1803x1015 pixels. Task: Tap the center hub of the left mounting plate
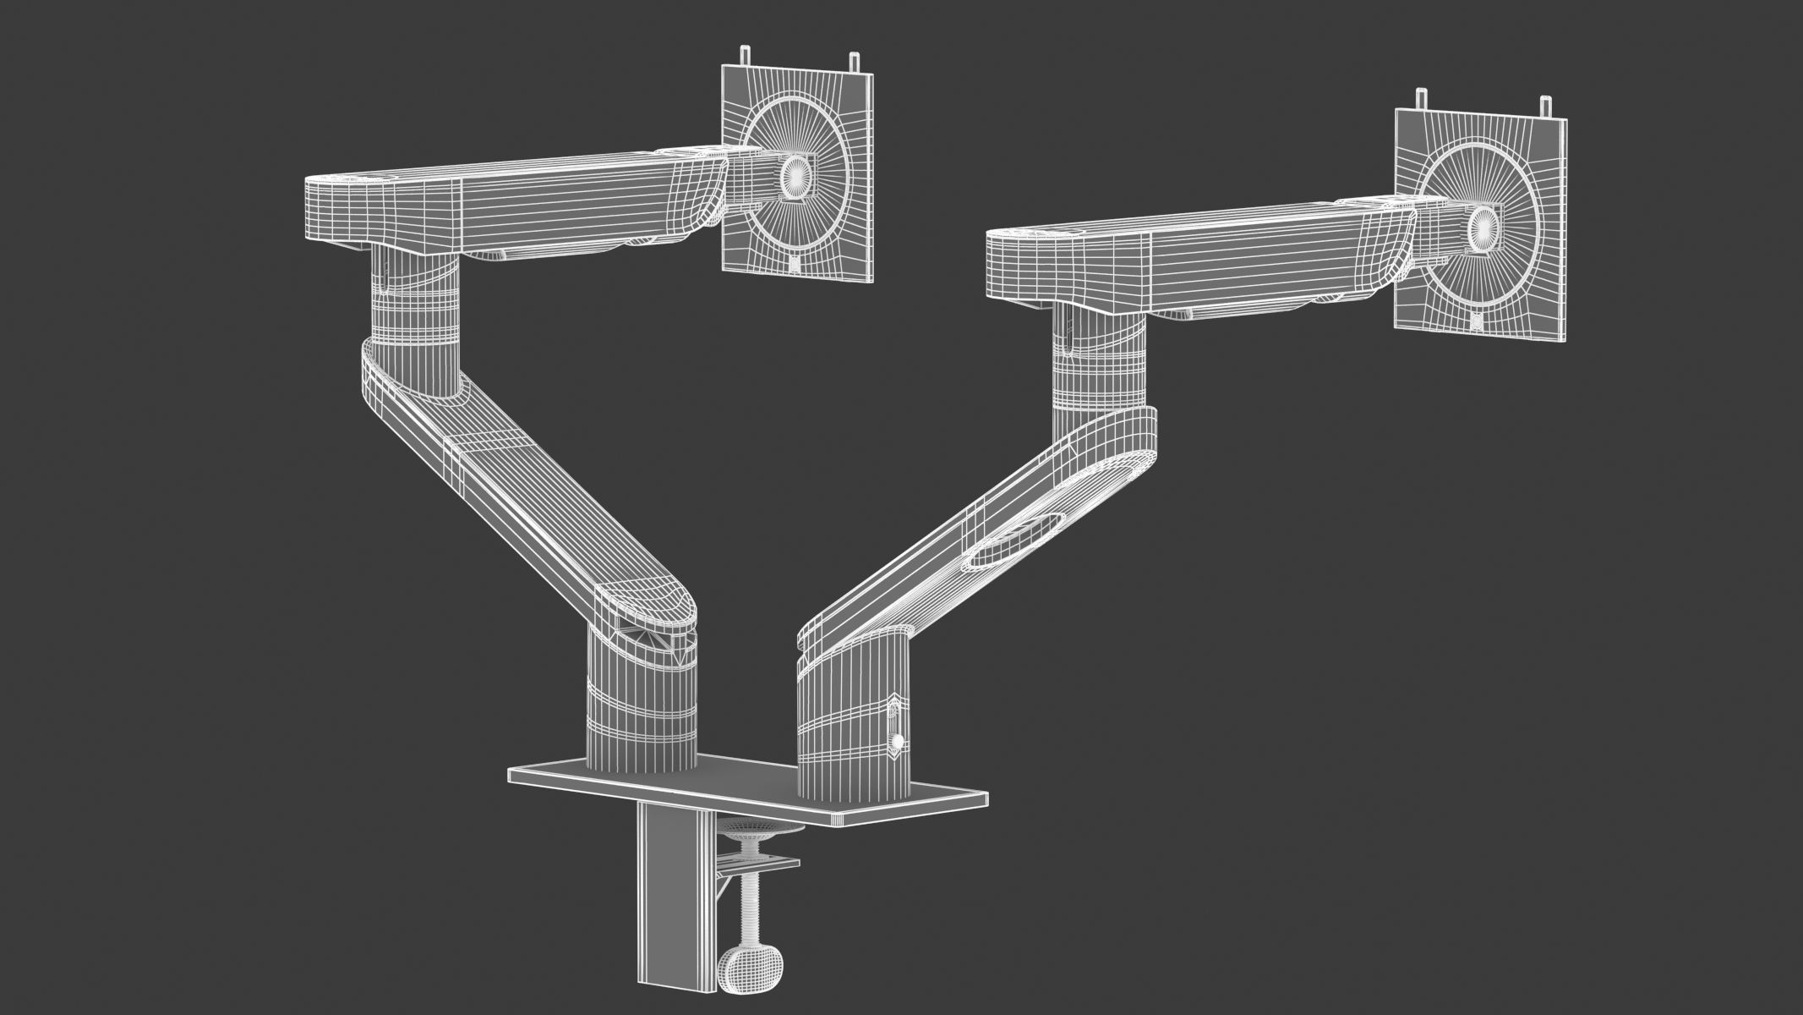795,174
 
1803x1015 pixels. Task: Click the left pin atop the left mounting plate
745,55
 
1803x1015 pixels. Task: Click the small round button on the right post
897,742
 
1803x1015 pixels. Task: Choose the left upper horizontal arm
507,203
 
